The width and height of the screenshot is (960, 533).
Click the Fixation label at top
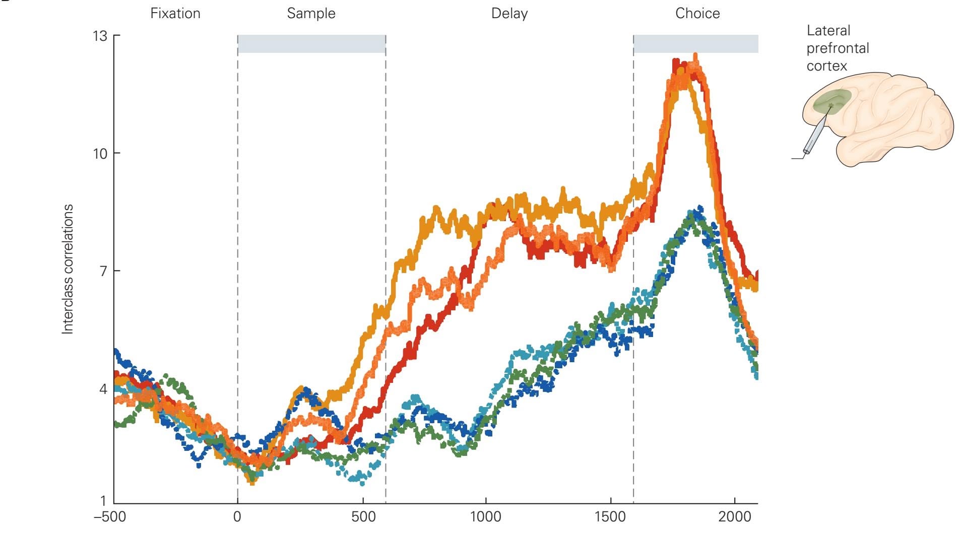(175, 13)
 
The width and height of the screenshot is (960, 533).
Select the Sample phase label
(311, 13)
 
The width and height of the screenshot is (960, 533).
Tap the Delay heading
(509, 13)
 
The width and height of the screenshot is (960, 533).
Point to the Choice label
(697, 13)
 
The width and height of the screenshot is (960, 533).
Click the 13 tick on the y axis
(100, 36)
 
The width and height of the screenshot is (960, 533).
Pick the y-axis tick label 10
(100, 154)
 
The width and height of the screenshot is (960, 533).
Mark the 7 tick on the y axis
(103, 271)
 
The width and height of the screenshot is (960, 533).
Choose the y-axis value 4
(103, 389)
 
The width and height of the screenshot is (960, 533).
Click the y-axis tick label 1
(103, 500)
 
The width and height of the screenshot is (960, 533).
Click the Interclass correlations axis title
(68, 269)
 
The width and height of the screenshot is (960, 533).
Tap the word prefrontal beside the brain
(838, 48)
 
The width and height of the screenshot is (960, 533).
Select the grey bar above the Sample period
(311, 44)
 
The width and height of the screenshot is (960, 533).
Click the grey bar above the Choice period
(695, 44)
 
